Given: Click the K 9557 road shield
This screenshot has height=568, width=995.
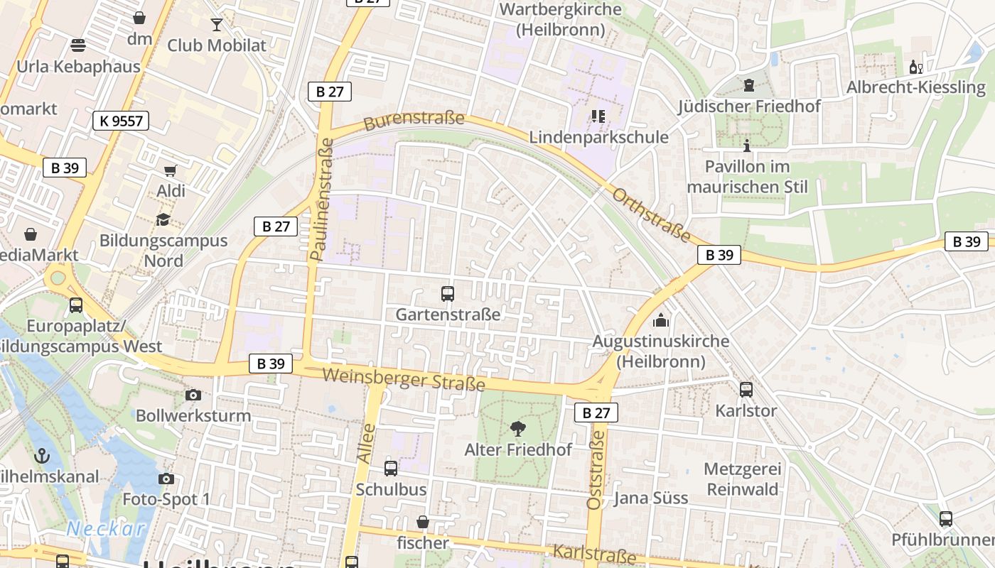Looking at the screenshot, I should click(121, 121).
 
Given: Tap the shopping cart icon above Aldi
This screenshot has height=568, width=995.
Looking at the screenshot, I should click(170, 170).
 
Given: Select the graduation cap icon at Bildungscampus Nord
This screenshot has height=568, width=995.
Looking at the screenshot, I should click(163, 219).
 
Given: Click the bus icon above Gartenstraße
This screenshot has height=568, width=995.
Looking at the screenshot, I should click(448, 293).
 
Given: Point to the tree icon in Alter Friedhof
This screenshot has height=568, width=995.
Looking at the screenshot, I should click(518, 428).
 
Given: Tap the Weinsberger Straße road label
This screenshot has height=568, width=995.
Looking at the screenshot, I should click(404, 379).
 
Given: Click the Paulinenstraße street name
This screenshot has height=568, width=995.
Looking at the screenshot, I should click(321, 199).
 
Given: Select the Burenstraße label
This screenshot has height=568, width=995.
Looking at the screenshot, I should click(413, 119).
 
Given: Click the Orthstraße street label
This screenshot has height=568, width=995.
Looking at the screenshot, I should click(651, 214).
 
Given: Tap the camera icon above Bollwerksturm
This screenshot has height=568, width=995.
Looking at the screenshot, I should click(193, 395).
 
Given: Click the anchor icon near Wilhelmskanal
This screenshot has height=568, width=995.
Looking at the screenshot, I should click(42, 455).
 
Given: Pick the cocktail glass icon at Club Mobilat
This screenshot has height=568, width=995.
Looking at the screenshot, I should click(217, 25).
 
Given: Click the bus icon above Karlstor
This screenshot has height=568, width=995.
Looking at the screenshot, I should click(746, 389).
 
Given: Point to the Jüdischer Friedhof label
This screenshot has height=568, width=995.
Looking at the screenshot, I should click(749, 106).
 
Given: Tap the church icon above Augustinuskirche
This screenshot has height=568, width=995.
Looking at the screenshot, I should click(661, 320).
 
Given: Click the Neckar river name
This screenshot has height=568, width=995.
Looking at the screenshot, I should click(105, 529).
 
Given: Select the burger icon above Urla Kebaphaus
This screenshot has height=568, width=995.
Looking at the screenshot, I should click(78, 45).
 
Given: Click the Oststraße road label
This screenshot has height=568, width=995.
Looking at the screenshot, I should click(595, 469).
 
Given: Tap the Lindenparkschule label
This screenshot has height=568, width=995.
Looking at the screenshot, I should click(598, 137).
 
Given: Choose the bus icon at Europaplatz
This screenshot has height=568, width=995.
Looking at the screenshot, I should click(75, 305).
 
